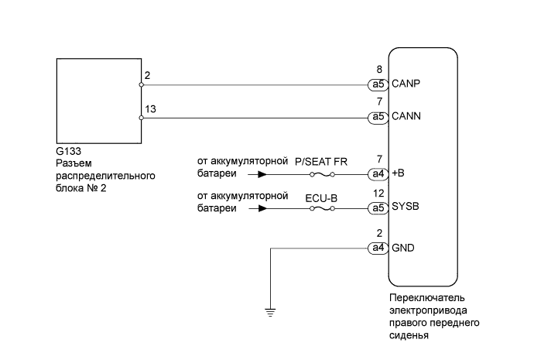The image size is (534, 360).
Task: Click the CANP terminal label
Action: pos(406,84)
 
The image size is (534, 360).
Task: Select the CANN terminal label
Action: pos(406,116)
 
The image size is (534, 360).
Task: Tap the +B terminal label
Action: pos(398,173)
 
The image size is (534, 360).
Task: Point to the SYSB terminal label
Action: pos(406,207)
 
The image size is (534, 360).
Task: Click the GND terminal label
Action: pos(403,248)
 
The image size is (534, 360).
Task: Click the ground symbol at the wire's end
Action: pos(270,312)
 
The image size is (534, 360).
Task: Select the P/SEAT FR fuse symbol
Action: pos(322,175)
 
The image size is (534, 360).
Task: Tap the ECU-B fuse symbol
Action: pos(322,208)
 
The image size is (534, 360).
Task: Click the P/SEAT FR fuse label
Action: pos(321,162)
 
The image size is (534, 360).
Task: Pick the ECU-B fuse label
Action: pos(321,198)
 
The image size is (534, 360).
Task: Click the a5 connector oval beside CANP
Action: pos(378,84)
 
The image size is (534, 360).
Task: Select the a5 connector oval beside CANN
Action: pos(378,117)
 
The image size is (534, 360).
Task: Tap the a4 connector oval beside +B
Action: pos(378,174)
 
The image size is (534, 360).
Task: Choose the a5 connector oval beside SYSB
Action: pos(378,208)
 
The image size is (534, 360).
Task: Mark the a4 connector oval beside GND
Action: pos(378,249)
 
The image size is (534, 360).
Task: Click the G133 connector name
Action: pos(68,151)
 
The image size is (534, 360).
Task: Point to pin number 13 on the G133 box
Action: pos(150,109)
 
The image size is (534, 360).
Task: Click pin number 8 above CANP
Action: pos(379,70)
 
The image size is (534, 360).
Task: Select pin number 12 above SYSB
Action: pos(378,193)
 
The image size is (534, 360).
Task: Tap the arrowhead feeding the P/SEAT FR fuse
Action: pos(262,175)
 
